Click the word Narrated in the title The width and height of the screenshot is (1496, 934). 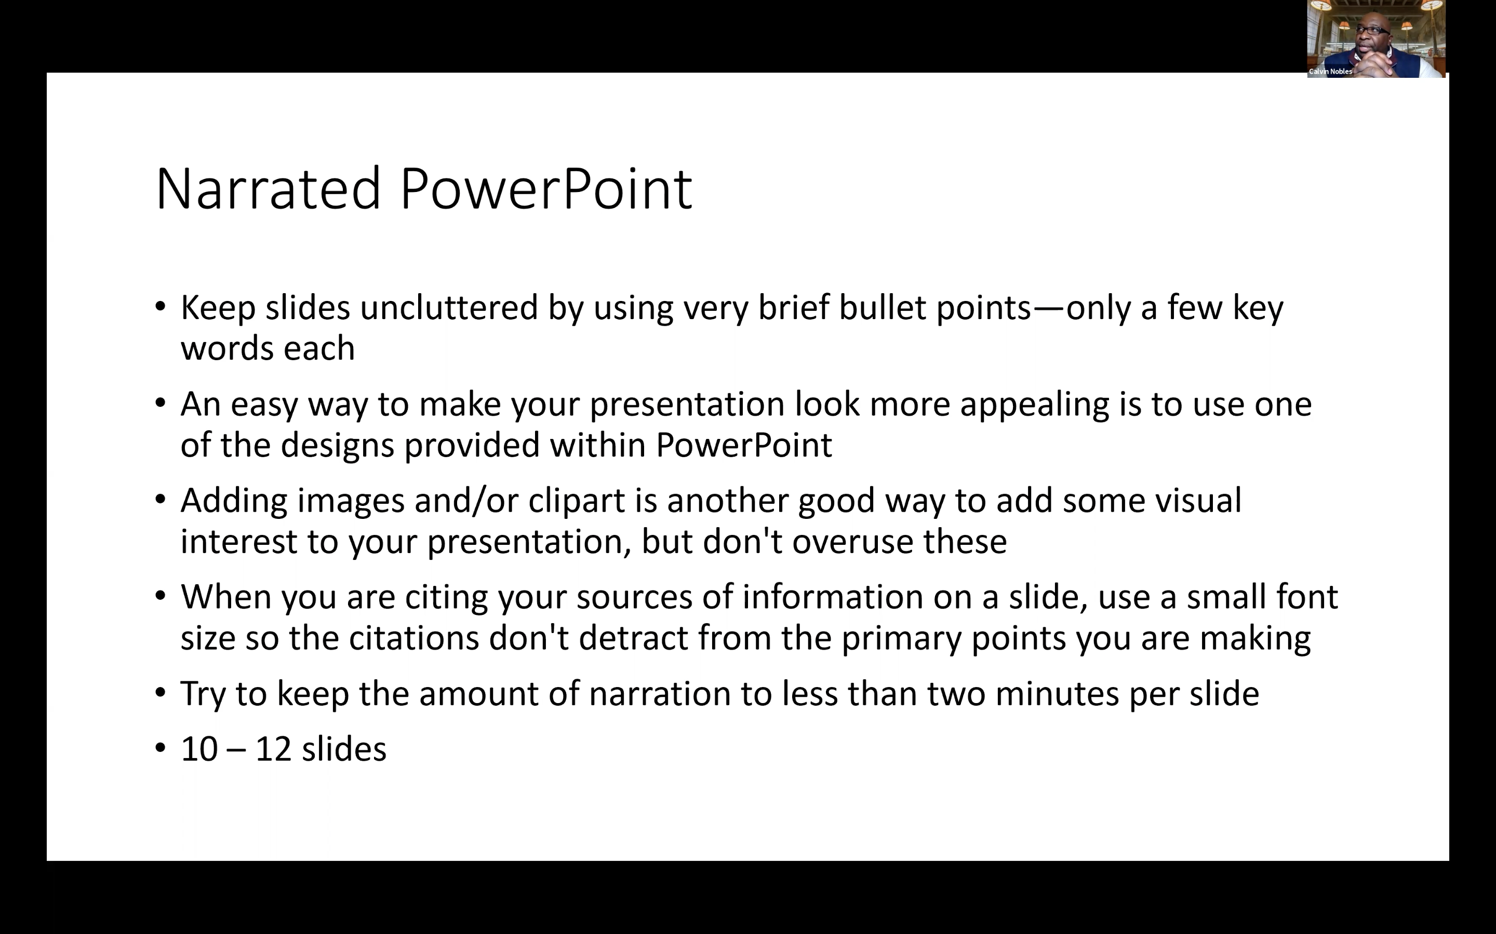268,188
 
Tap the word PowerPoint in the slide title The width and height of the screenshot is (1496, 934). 546,188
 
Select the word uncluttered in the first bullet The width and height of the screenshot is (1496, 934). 449,308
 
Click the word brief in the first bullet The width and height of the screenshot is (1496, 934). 793,308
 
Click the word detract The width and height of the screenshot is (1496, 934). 633,638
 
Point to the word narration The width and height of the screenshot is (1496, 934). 660,694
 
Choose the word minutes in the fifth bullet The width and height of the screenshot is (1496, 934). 1057,694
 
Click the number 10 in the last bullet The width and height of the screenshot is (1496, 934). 199,749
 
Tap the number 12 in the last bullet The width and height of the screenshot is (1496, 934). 273,749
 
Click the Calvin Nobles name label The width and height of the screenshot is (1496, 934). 1330,72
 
